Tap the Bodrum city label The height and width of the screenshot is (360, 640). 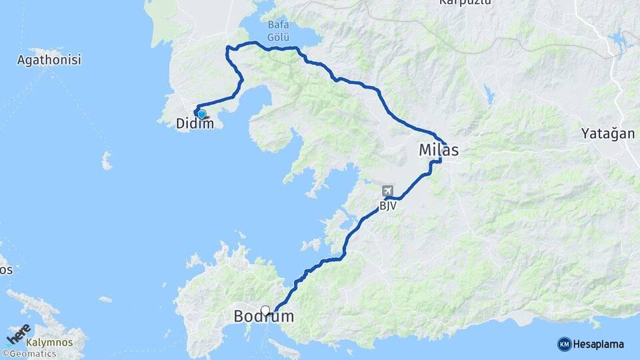point(263,317)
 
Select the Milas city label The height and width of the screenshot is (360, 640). point(439,150)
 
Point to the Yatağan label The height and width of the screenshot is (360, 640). point(607,133)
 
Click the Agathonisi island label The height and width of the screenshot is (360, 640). point(49,60)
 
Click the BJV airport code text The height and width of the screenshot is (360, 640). point(388,206)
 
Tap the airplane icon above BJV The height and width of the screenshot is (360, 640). point(388,191)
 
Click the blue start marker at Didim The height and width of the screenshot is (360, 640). point(201,113)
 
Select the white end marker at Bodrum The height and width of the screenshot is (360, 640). point(265,310)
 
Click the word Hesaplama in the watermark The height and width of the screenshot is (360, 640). point(599,344)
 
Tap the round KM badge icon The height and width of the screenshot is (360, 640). point(564,344)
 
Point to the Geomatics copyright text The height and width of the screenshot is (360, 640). point(29,353)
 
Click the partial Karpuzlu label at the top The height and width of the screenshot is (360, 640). point(465,3)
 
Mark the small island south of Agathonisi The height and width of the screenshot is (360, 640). point(106,161)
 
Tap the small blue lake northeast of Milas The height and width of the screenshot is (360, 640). point(491,97)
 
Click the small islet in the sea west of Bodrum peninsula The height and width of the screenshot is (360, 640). point(105,299)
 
